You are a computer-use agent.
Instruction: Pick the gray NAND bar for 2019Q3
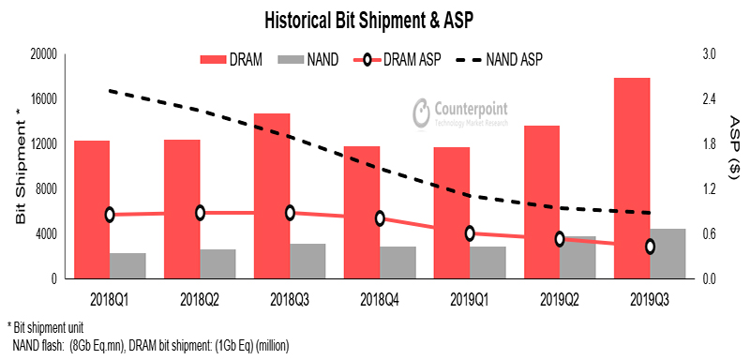(667, 253)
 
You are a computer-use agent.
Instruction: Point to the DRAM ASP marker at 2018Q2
(200, 213)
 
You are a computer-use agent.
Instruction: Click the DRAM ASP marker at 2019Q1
(470, 233)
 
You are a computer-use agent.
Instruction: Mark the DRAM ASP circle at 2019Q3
(650, 247)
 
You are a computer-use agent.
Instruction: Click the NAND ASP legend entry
(502, 60)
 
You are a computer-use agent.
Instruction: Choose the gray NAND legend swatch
(293, 60)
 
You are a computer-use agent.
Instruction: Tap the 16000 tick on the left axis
(43, 99)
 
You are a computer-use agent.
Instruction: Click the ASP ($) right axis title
(733, 150)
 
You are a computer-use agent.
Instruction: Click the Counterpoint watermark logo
(465, 113)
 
